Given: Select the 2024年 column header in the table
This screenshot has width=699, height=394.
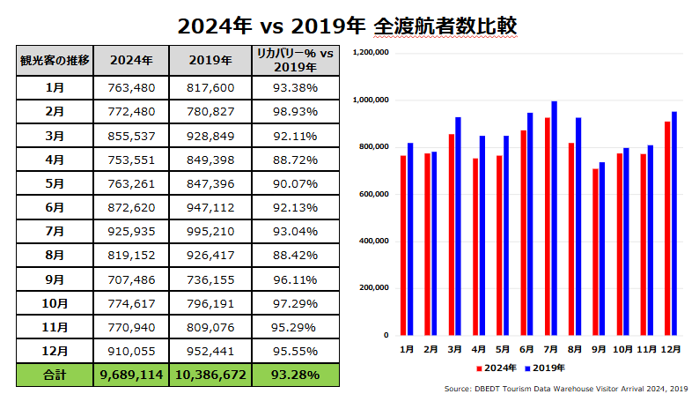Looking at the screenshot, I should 130,60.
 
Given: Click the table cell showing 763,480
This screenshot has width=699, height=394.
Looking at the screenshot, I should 130,88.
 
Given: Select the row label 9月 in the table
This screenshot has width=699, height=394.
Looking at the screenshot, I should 54,279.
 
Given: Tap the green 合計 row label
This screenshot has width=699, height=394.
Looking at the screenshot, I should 54,375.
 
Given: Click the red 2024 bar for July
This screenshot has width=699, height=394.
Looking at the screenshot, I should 548,227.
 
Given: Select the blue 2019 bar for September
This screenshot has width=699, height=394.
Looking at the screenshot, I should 602,249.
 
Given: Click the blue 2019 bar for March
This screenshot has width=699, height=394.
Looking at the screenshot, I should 459,227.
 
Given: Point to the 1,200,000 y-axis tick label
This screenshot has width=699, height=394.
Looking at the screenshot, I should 370,53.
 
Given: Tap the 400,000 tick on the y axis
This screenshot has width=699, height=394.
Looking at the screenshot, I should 373,241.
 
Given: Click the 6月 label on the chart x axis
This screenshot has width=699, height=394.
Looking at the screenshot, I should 526,349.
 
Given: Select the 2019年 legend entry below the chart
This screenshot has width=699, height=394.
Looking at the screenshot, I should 548,367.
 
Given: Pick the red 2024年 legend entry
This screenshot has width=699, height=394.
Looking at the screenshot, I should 498,367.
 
